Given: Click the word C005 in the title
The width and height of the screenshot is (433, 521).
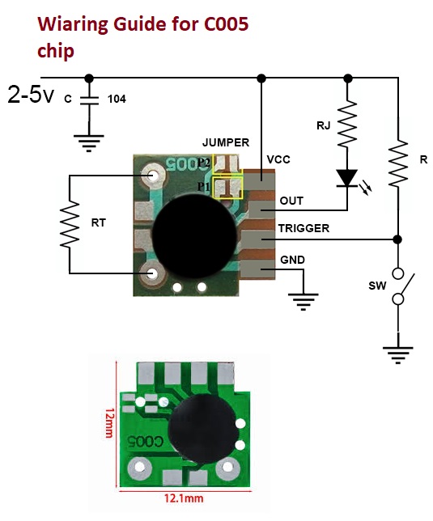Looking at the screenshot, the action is [226, 24].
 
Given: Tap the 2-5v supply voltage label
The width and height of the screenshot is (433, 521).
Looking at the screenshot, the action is [31, 95].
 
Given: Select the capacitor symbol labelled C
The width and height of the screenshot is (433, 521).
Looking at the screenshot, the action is [89, 100].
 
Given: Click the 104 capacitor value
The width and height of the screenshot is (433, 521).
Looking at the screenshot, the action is [117, 99].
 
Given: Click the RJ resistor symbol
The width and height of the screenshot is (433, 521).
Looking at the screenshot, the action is [347, 123].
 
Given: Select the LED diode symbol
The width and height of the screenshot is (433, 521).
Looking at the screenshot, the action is [347, 179].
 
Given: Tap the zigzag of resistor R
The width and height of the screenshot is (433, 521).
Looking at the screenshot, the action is [398, 163].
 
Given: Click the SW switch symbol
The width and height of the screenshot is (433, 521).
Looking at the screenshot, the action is [401, 286].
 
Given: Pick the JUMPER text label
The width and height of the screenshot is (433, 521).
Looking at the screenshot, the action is [226, 142].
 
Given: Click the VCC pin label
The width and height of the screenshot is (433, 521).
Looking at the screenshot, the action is [278, 159].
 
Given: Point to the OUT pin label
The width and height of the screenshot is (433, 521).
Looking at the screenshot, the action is [291, 201].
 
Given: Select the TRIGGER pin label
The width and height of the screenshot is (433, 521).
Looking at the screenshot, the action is [304, 228].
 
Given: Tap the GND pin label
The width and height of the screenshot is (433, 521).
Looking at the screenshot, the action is [292, 260].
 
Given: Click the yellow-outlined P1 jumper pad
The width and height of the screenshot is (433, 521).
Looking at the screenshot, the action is [228, 188].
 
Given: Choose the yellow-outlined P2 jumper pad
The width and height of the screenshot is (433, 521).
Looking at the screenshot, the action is [227, 163].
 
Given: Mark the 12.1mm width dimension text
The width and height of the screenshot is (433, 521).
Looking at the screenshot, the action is [184, 498].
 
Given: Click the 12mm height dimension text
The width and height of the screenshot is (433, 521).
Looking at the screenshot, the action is [109, 423].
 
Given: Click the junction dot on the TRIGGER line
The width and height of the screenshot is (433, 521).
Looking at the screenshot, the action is [397, 239].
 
